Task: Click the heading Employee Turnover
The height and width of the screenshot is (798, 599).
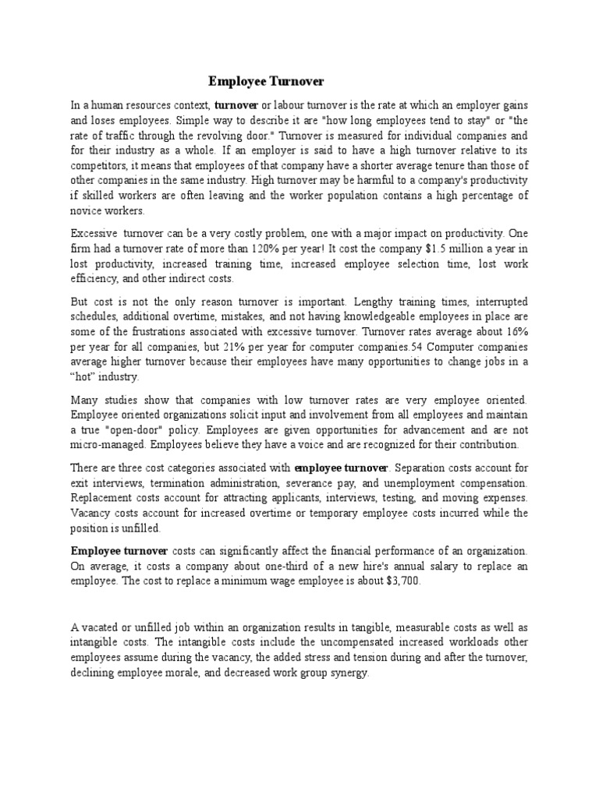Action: [265, 81]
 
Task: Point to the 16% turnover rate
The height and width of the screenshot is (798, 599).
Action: [516, 330]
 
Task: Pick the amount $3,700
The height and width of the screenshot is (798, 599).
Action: [401, 581]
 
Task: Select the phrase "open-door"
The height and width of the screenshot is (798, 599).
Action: [127, 429]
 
